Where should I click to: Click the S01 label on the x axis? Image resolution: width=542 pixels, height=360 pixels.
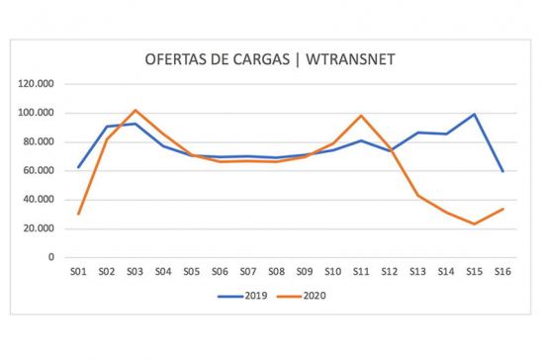pos(78,271)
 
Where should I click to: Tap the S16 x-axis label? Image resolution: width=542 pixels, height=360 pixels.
pos(501,271)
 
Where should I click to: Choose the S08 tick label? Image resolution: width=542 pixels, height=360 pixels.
pos(276,271)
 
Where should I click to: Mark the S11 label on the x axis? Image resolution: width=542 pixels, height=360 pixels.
pos(361,271)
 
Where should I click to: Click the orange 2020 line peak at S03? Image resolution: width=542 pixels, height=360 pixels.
pos(135,110)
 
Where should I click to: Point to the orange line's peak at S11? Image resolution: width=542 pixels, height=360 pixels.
pos(361,116)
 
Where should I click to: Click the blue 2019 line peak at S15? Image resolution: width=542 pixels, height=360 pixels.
pos(474,114)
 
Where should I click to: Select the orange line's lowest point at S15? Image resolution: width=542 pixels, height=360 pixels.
pos(474,224)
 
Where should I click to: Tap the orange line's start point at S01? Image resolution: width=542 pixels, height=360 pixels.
pos(78,214)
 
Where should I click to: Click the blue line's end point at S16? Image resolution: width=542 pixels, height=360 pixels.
pos(501,171)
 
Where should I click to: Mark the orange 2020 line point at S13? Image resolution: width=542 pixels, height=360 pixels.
pos(417,195)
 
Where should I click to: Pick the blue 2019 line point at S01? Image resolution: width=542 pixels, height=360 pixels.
pos(78,167)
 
